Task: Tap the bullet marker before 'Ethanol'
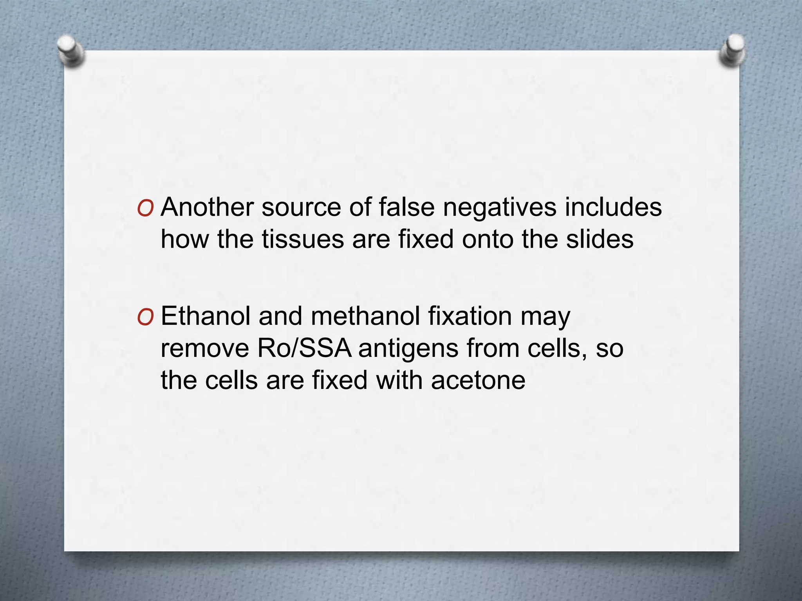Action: pyautogui.click(x=145, y=317)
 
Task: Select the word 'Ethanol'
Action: pyautogui.click(x=206, y=316)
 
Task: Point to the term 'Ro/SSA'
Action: pyautogui.click(x=304, y=348)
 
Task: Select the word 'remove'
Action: pyautogui.click(x=205, y=348)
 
